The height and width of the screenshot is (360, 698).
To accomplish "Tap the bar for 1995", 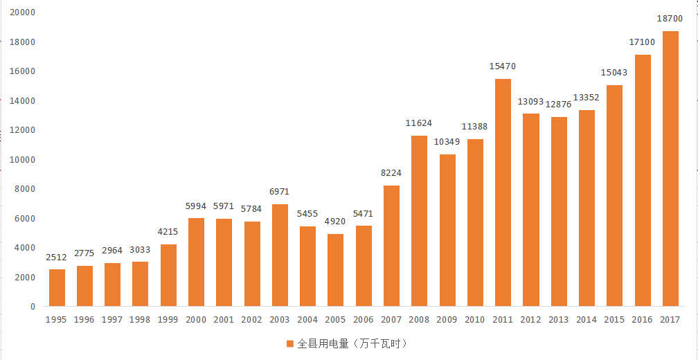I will click(x=57, y=287).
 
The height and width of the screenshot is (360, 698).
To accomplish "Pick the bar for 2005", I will click(x=335, y=270).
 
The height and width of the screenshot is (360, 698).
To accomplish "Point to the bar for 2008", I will click(x=419, y=221).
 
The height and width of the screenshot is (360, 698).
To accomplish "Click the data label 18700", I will click(x=670, y=19).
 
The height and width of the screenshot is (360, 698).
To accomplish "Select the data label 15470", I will click(x=503, y=66).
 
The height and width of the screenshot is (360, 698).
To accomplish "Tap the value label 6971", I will click(x=280, y=191).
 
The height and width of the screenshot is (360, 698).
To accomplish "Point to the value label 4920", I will click(x=335, y=222).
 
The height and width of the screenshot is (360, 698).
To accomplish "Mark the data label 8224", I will click(x=391, y=173).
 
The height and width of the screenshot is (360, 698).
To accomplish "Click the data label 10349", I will click(x=447, y=142).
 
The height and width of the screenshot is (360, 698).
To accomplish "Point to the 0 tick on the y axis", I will click(x=32, y=306).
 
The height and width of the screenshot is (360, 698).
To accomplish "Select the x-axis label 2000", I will click(x=196, y=320).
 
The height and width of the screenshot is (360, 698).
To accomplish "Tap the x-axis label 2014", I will click(x=586, y=320).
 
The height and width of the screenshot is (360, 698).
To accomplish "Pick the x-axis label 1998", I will click(x=140, y=320).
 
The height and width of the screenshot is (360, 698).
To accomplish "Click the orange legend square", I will click(x=290, y=343).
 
